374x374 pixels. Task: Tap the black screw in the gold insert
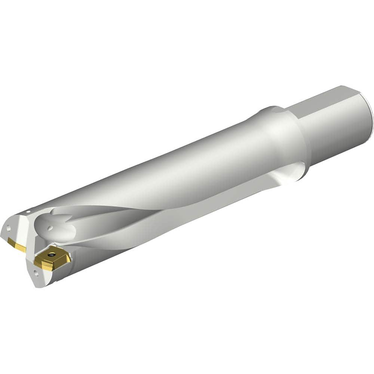51,254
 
